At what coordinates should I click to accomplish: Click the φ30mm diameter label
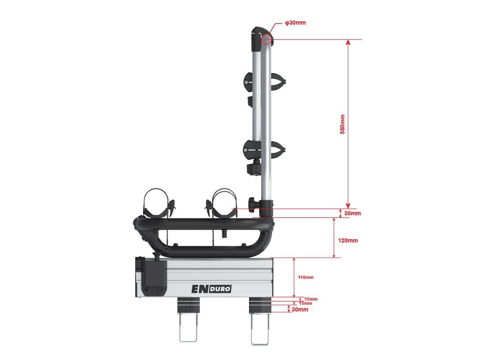point(296,23)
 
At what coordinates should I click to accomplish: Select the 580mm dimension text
point(342,124)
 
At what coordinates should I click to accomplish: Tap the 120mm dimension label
point(348,240)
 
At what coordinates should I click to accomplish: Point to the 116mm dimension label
point(305,277)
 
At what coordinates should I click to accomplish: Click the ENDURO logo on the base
point(211,289)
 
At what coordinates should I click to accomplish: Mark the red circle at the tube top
point(266,39)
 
